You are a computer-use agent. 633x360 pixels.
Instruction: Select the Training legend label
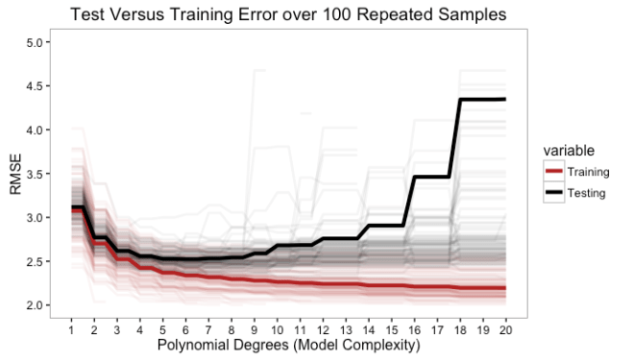pos(589,172)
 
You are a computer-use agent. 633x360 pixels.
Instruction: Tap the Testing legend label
pos(587,192)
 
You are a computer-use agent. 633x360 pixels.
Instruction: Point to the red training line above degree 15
pos(391,286)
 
